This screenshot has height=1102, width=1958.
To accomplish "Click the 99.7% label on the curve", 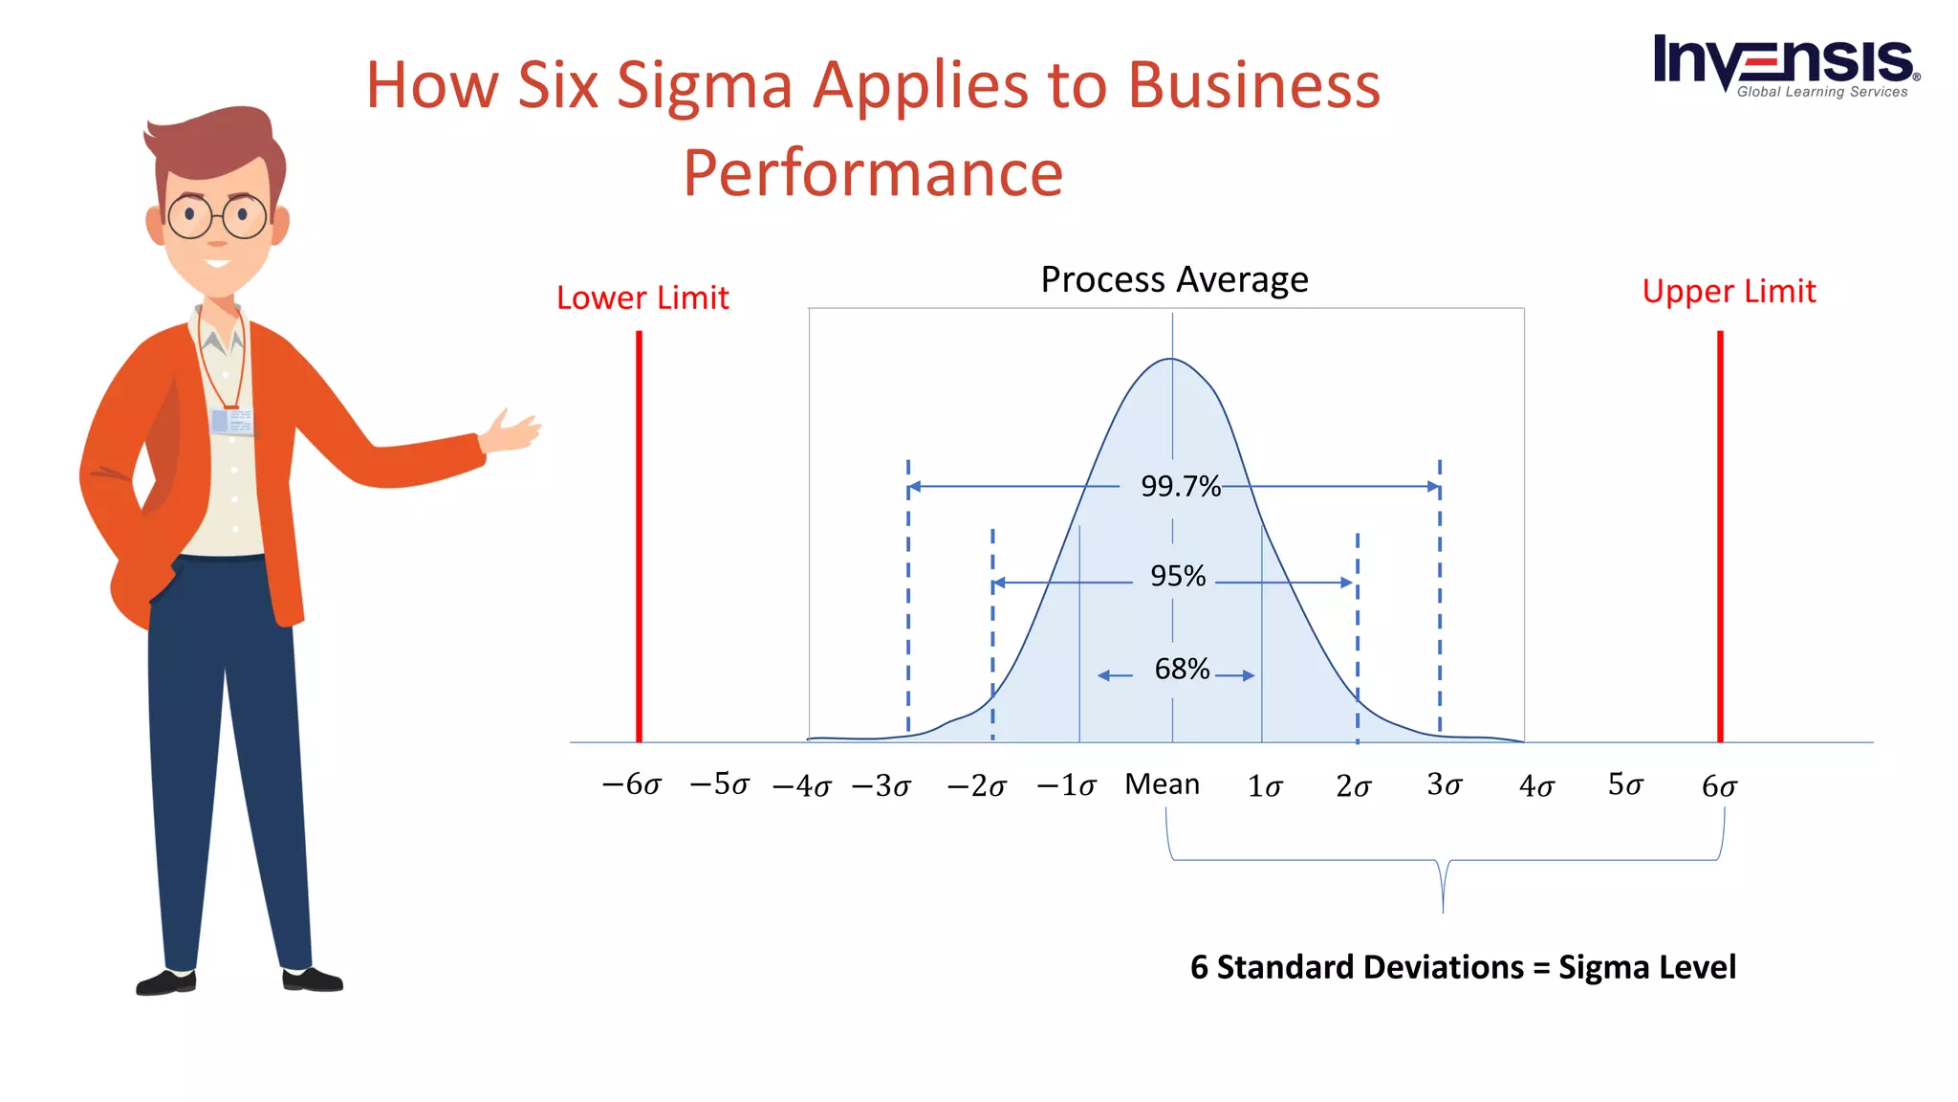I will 1180,487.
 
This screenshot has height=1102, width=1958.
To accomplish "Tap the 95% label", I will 1177,576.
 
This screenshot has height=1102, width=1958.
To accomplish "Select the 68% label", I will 1182,669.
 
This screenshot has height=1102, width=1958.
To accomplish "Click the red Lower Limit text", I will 642,298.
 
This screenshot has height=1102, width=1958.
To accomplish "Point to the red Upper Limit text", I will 1729,292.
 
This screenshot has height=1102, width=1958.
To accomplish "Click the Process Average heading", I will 1174,280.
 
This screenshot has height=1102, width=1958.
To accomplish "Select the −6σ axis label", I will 631,785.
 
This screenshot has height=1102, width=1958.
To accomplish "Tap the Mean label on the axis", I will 1162,784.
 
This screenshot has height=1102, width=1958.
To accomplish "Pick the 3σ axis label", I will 1444,785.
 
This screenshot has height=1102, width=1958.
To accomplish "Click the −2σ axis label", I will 976,786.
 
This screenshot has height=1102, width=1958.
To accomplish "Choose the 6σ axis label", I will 1718,786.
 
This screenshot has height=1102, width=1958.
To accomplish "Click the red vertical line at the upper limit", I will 1720,536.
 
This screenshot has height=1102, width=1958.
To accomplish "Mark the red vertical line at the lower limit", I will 639,536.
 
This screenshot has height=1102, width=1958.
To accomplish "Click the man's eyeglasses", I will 218,217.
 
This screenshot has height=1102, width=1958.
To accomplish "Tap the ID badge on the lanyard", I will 231,421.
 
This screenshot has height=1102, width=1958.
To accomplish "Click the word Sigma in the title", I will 705,85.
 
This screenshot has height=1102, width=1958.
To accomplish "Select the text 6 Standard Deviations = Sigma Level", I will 1463,967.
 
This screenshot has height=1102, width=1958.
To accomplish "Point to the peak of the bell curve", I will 1171,360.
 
